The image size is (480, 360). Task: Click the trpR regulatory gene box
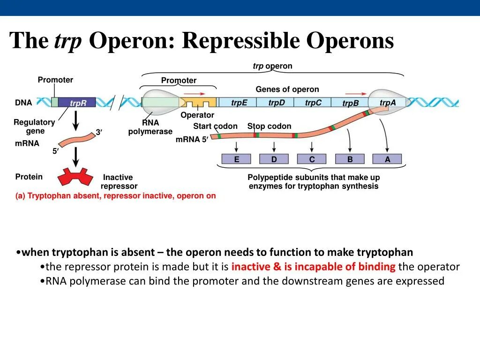coord(77,103)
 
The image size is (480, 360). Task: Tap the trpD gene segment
coord(276,103)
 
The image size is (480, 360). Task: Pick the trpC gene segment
coord(313,103)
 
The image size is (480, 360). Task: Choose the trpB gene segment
coord(350,103)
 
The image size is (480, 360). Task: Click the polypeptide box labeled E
coord(236,159)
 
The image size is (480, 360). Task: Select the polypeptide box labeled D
coord(274,159)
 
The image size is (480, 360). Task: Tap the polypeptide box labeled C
coord(312,159)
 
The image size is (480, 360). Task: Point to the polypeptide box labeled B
coord(350,159)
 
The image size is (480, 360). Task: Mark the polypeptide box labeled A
coord(387,159)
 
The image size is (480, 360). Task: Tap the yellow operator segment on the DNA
coord(199,102)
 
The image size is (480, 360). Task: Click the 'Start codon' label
coord(215,126)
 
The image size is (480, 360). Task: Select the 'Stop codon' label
coord(269,126)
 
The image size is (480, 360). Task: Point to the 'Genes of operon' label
coord(287,89)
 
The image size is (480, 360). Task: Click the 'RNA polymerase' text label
coord(150,127)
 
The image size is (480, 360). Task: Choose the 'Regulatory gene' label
coord(34,127)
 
